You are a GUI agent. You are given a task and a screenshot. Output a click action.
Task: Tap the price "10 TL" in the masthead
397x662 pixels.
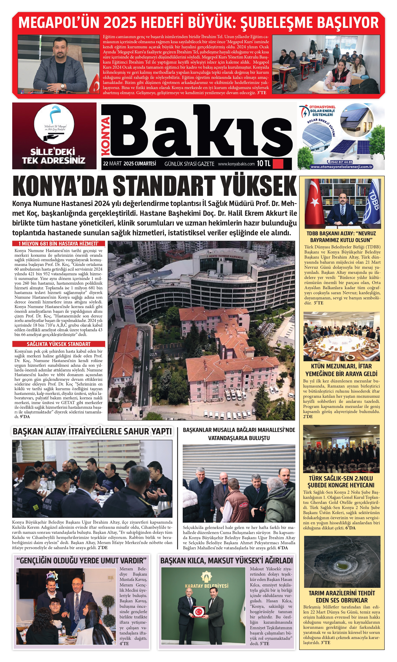click(x=264, y=163)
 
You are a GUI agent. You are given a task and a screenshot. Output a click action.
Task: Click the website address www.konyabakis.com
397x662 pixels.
click(x=236, y=164)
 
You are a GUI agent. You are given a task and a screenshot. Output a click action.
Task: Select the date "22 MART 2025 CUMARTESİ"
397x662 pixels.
click(x=130, y=163)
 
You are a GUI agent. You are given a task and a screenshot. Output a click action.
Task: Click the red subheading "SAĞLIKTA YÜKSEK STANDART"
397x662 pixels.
click(x=59, y=344)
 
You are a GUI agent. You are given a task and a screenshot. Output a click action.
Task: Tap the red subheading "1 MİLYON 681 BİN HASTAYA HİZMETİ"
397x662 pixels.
click(x=59, y=243)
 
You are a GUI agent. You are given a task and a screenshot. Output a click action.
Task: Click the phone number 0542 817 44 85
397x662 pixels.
click(x=341, y=162)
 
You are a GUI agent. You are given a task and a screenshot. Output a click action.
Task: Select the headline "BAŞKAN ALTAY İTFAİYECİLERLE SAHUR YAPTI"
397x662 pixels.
click(x=92, y=432)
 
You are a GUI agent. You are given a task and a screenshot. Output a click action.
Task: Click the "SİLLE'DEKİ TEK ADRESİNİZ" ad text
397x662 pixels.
click(x=54, y=156)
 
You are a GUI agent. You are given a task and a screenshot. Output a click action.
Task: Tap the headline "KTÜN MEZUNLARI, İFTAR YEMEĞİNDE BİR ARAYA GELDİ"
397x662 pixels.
click(x=341, y=370)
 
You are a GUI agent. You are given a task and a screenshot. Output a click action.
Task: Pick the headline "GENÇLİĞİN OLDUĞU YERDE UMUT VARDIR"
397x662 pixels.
click(x=82, y=560)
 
